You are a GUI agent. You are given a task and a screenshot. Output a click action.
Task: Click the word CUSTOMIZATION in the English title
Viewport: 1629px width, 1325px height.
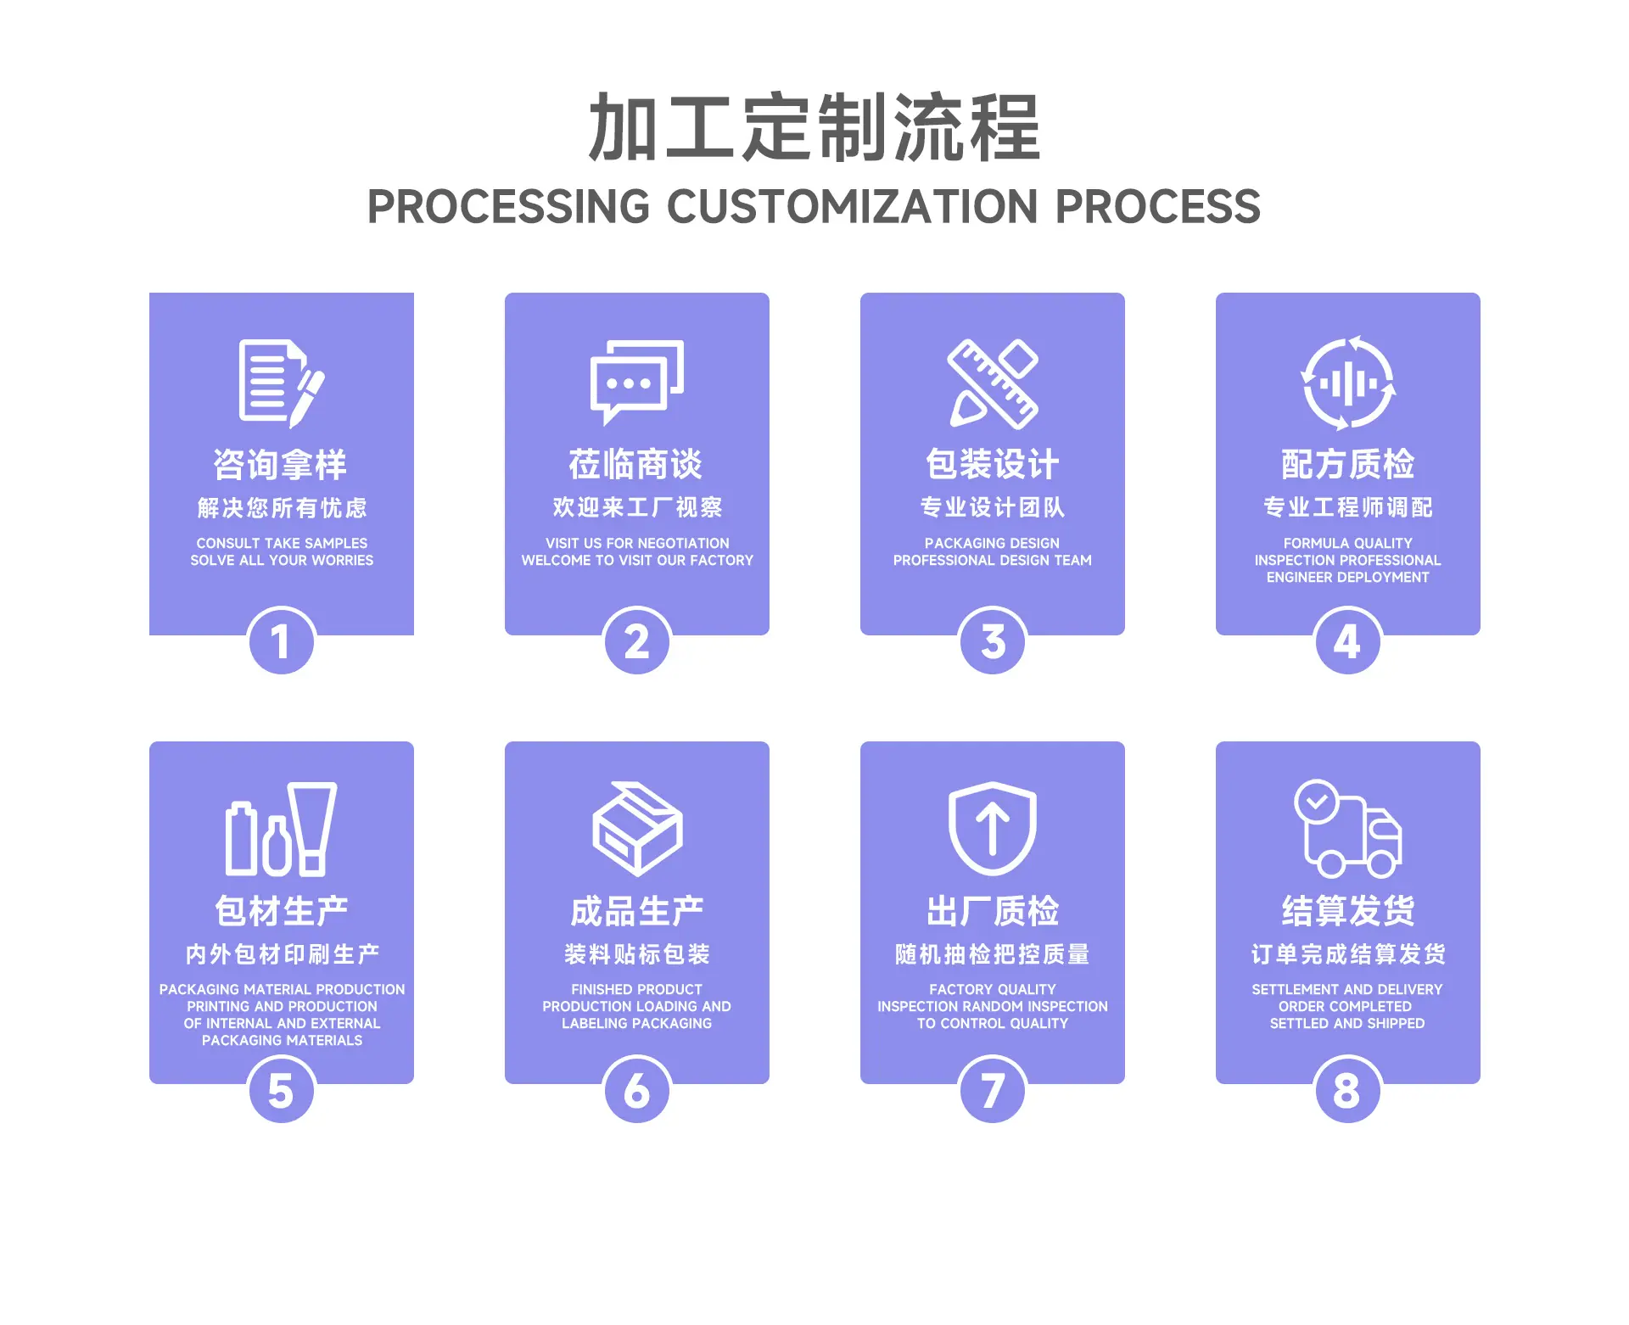tap(853, 207)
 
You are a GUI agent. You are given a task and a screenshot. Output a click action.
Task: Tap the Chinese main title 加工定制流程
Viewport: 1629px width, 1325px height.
tap(814, 127)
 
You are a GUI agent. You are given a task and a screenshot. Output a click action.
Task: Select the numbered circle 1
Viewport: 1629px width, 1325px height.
tap(282, 641)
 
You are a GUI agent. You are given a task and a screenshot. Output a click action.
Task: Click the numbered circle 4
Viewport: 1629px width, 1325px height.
tap(1347, 641)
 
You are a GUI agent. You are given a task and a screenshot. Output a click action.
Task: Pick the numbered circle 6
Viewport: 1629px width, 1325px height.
tap(637, 1090)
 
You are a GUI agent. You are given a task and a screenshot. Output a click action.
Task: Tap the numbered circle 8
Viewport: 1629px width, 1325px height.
tap(1347, 1090)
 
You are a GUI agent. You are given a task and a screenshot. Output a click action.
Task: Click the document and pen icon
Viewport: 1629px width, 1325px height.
tap(282, 383)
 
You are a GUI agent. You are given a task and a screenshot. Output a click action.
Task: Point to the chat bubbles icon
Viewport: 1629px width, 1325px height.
tap(637, 382)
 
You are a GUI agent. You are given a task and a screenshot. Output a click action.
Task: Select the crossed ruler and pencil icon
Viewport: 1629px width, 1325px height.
tap(993, 383)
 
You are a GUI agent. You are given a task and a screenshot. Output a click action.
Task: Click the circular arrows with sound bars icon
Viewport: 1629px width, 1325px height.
tap(1348, 383)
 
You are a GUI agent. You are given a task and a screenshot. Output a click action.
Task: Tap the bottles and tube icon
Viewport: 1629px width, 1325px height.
tap(282, 829)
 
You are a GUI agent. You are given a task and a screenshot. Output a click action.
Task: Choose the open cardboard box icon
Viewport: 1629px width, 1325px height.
tap(637, 829)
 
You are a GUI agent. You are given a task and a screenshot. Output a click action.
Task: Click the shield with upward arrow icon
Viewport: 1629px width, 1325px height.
tap(993, 829)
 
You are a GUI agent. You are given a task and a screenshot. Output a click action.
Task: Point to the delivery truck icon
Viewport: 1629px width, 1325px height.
tap(1348, 829)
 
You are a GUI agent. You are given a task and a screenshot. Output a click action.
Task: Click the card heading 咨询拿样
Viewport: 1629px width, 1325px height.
tap(280, 465)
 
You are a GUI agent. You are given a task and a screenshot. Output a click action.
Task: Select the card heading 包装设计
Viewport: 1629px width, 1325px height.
tap(993, 464)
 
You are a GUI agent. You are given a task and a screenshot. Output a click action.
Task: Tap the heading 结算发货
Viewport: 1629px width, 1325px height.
tap(1348, 911)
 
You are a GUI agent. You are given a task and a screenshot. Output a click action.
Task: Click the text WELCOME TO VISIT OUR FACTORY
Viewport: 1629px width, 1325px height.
tap(637, 561)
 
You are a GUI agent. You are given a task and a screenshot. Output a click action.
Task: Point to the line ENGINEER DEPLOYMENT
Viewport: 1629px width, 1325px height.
tap(1348, 578)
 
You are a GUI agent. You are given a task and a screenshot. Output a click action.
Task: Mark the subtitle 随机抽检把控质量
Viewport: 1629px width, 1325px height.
tap(993, 954)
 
